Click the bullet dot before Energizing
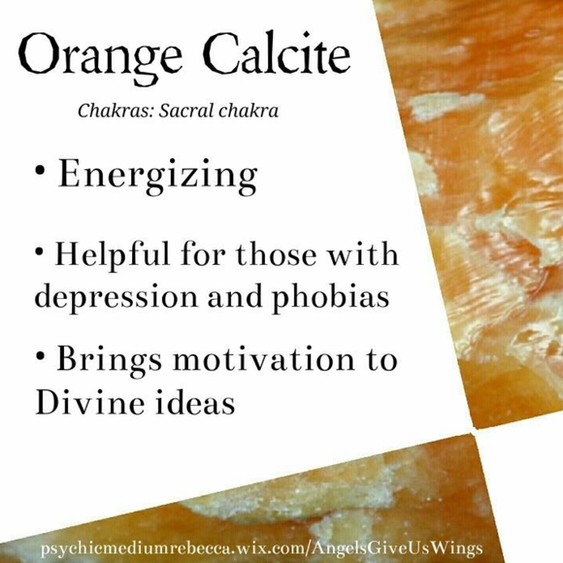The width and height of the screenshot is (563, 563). [x=40, y=171]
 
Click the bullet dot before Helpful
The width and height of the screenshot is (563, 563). [x=40, y=251]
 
